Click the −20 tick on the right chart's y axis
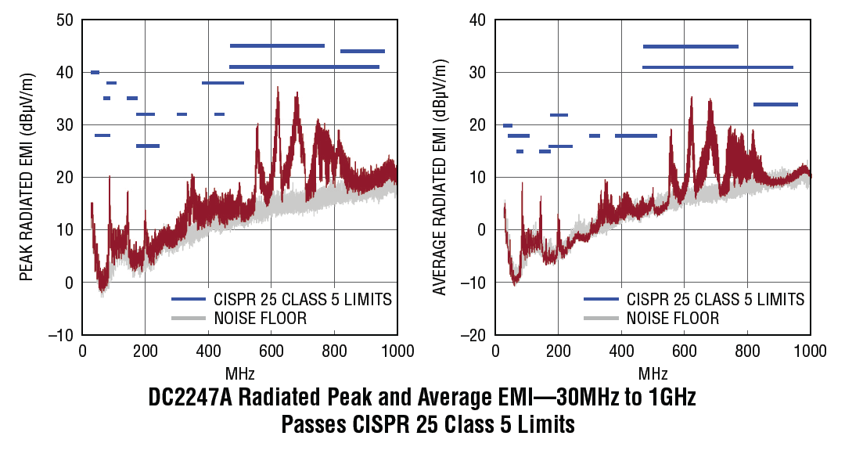[x=474, y=335]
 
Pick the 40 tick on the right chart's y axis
[x=477, y=20]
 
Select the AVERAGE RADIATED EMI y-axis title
[x=440, y=177]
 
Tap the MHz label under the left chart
[x=240, y=372]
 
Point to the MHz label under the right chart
[x=653, y=372]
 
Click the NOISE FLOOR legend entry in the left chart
[x=260, y=318]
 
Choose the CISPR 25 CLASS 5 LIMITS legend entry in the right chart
[x=715, y=299]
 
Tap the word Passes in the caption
[x=310, y=425]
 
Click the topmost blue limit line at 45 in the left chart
[x=277, y=46]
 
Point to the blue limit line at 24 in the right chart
[x=775, y=104]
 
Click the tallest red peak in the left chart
[x=277, y=88]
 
